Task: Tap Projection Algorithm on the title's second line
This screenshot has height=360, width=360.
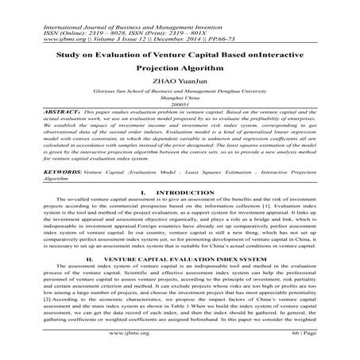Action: coord(180,69)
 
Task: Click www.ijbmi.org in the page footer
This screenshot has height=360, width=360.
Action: coord(180,346)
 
